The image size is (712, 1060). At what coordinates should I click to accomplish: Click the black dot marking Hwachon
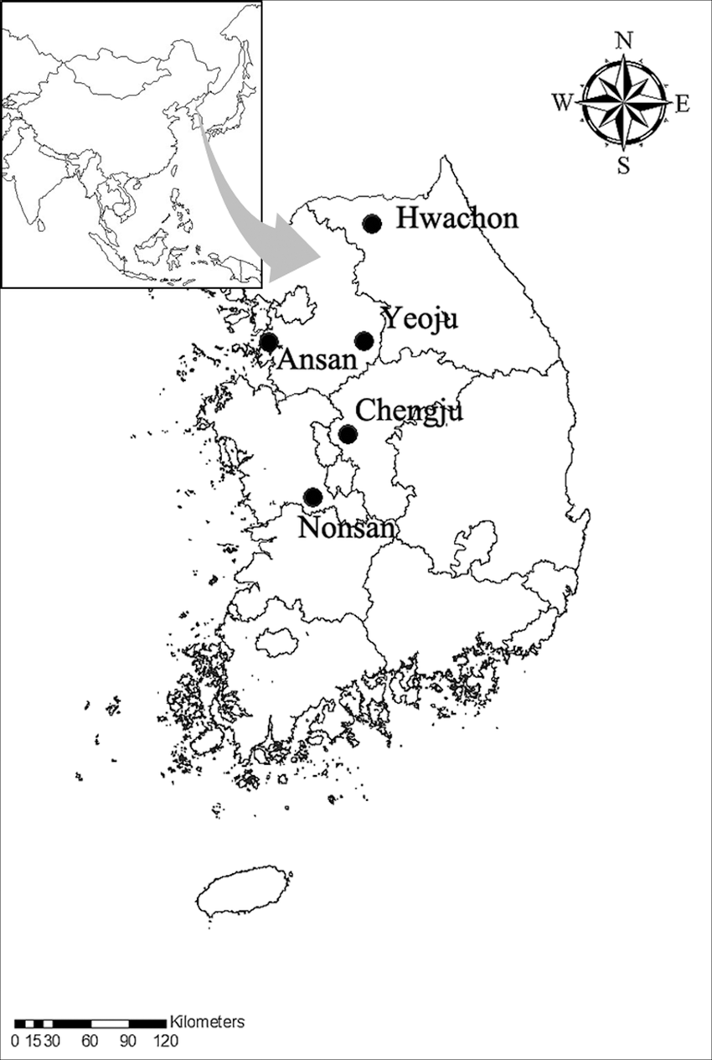pyautogui.click(x=372, y=223)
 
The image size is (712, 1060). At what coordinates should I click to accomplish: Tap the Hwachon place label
pyautogui.click(x=457, y=219)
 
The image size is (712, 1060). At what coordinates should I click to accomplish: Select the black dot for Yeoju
pyautogui.click(x=364, y=340)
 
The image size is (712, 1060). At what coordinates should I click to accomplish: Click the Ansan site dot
pyautogui.click(x=269, y=341)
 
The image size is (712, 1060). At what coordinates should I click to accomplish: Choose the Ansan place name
pyautogui.click(x=317, y=360)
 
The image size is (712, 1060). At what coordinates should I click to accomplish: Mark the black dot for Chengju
pyautogui.click(x=347, y=434)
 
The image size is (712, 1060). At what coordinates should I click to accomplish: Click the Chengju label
pyautogui.click(x=409, y=412)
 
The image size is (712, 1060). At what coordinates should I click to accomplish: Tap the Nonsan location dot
pyautogui.click(x=312, y=496)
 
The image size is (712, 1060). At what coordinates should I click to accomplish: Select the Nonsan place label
pyautogui.click(x=345, y=529)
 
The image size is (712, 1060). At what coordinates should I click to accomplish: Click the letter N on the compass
pyautogui.click(x=623, y=39)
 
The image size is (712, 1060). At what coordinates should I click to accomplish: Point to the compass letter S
pyautogui.click(x=623, y=165)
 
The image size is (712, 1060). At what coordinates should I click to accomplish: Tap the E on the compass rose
pyautogui.click(x=682, y=103)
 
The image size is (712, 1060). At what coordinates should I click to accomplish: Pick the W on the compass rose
pyautogui.click(x=561, y=102)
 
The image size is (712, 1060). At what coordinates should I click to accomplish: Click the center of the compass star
pyautogui.click(x=623, y=102)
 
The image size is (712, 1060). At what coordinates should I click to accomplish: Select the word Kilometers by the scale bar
pyautogui.click(x=207, y=1022)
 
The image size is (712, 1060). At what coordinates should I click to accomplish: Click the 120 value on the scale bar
pyautogui.click(x=165, y=1042)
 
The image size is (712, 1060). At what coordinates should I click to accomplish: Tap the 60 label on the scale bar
pyautogui.click(x=90, y=1042)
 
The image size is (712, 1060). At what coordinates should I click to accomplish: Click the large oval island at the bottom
pyautogui.click(x=245, y=892)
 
